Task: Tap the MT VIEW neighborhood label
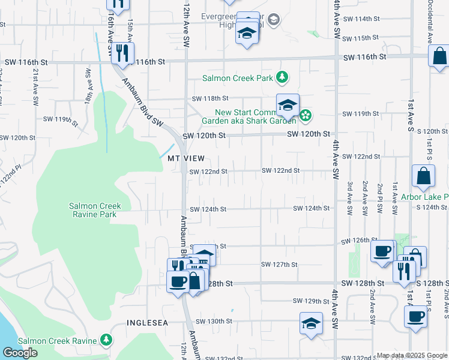click(186, 158)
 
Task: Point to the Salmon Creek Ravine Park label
click(94, 210)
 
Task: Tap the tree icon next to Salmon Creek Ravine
click(106, 340)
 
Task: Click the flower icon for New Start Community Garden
click(306, 115)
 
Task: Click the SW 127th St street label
click(279, 264)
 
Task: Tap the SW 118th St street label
click(210, 98)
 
